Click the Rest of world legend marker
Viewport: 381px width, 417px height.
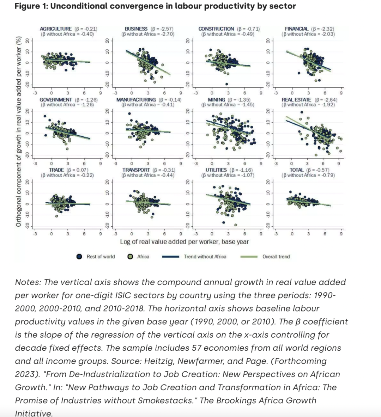click(80, 257)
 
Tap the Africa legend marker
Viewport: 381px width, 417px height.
click(131, 257)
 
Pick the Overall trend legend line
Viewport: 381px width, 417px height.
click(249, 257)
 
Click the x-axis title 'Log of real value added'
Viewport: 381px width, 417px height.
click(184, 242)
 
